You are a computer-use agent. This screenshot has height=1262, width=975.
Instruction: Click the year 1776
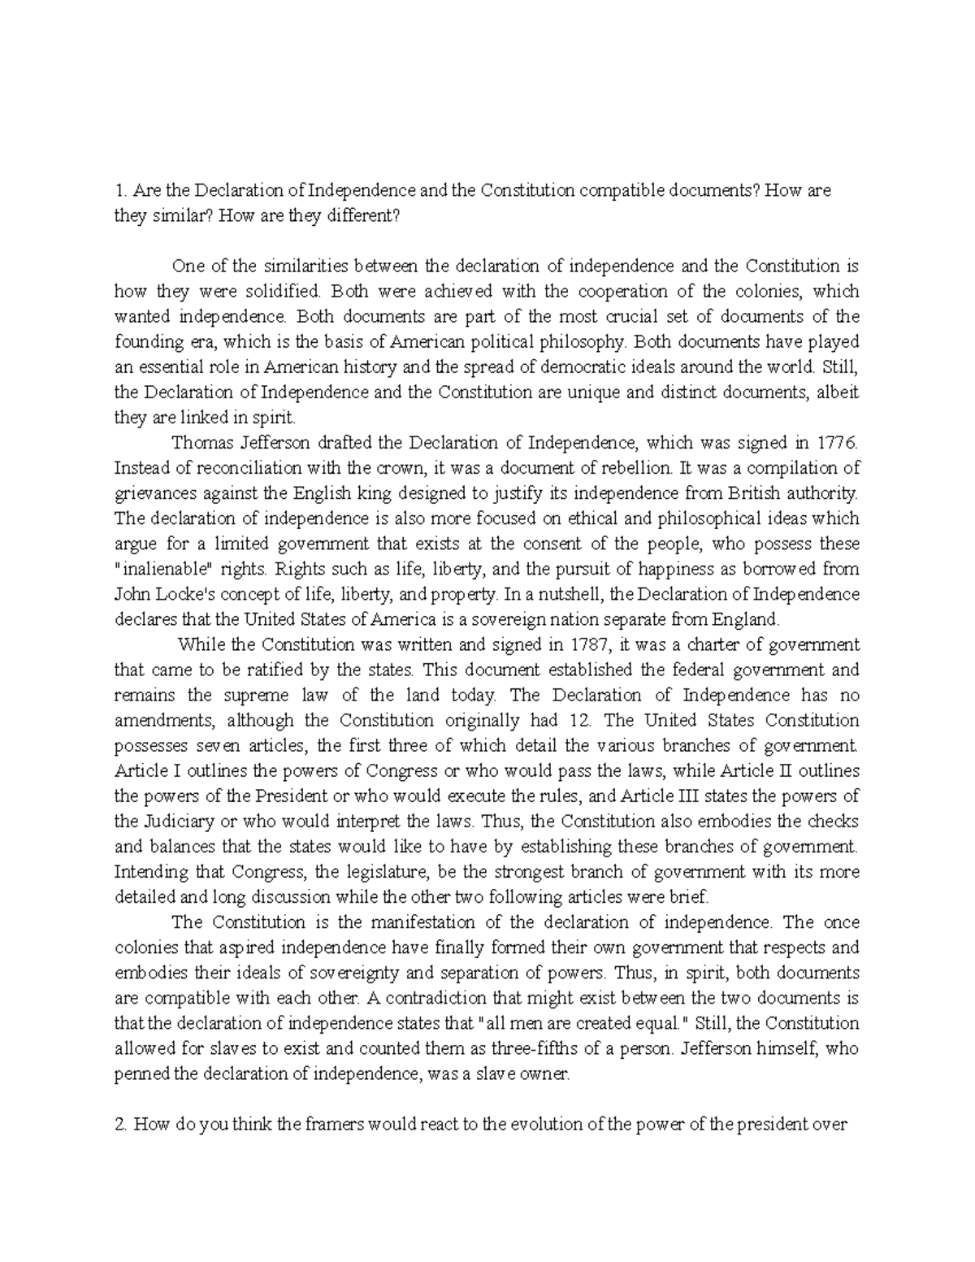[x=837, y=443]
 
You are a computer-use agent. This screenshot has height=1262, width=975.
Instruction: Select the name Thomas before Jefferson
[x=199, y=443]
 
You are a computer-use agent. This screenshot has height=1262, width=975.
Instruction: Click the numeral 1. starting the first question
[x=120, y=190]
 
